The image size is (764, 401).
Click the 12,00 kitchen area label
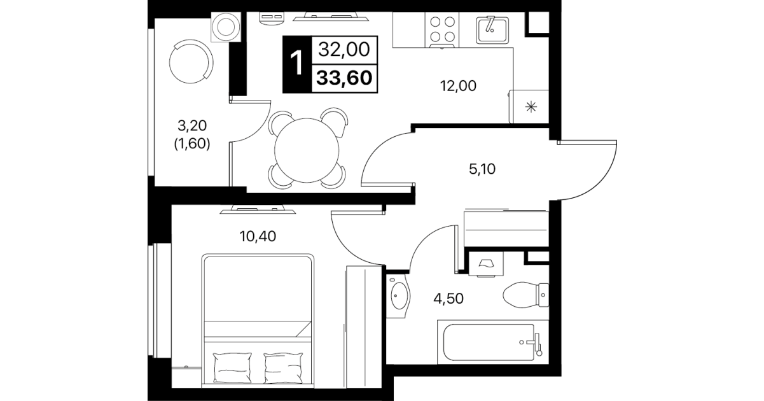(458, 86)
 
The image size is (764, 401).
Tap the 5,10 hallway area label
(482, 169)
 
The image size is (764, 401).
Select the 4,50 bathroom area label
(448, 299)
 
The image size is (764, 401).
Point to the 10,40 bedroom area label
(258, 236)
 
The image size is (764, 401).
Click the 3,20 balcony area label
(192, 126)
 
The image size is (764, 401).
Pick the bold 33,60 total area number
(344, 78)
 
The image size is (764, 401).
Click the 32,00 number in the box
(344, 50)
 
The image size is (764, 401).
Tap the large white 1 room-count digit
(296, 64)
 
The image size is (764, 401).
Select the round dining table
(307, 150)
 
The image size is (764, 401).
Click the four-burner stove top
(442, 30)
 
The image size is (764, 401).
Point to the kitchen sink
(492, 30)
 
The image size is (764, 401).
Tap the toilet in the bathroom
(525, 295)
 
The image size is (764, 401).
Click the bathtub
(493, 342)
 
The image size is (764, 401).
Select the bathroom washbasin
(398, 295)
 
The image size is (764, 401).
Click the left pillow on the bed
(232, 368)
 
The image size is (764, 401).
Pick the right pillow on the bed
(284, 368)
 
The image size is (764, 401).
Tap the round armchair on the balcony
(191, 62)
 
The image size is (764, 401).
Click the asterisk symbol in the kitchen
(531, 107)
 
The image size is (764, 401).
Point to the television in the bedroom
(258, 209)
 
